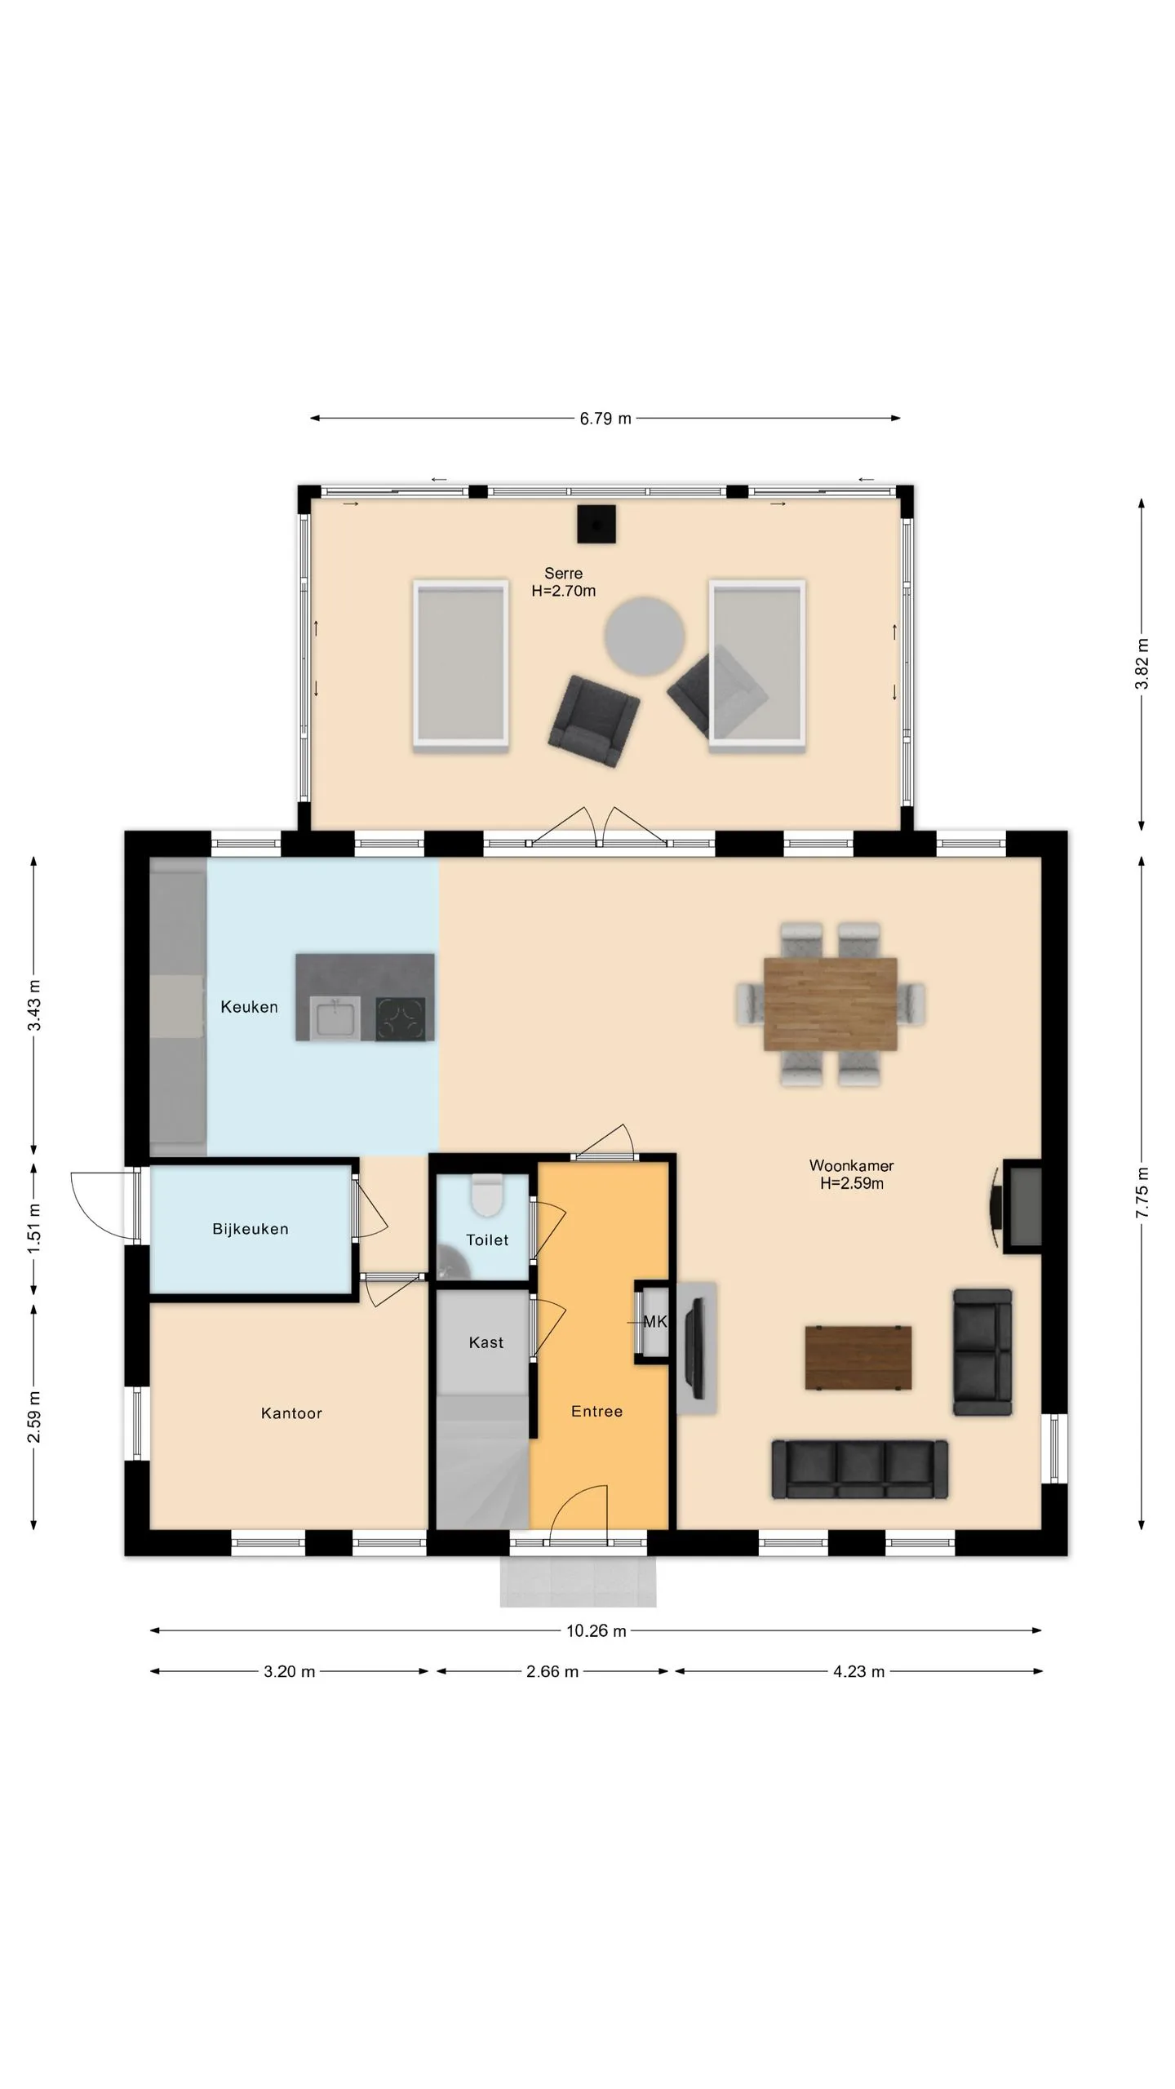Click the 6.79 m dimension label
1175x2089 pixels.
pyautogui.click(x=605, y=419)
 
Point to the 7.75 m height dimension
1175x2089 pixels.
pyautogui.click(x=1142, y=1193)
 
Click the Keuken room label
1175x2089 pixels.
pyautogui.click(x=249, y=1007)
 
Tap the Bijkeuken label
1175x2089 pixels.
pyautogui.click(x=251, y=1229)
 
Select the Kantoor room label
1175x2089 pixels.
pyautogui.click(x=291, y=1413)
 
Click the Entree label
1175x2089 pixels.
pyautogui.click(x=596, y=1411)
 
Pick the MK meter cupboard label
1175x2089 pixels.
pyautogui.click(x=654, y=1321)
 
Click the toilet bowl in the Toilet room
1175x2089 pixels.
pyautogui.click(x=487, y=1195)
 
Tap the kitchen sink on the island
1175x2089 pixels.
pyautogui.click(x=335, y=1018)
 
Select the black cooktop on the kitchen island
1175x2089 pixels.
pyautogui.click(x=400, y=1018)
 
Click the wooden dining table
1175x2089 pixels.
pyautogui.click(x=830, y=1004)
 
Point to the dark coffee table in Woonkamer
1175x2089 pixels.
pyautogui.click(x=858, y=1357)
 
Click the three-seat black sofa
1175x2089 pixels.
pyautogui.click(x=860, y=1469)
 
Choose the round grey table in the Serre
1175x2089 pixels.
pyautogui.click(x=645, y=636)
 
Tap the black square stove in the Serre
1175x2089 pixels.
pyautogui.click(x=596, y=525)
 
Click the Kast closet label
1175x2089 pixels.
pyautogui.click(x=486, y=1342)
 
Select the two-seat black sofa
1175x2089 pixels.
pyautogui.click(x=982, y=1351)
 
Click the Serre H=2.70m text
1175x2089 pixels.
pyautogui.click(x=563, y=583)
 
